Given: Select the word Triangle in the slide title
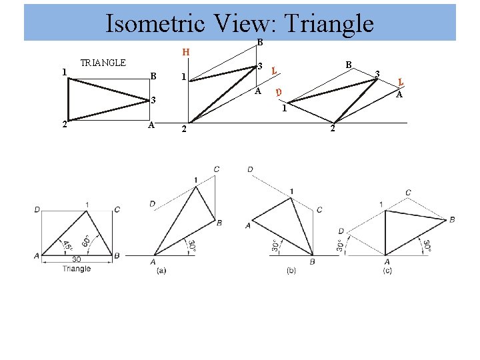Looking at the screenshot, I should click(x=328, y=24).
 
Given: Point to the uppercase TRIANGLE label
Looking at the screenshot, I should click(x=103, y=63).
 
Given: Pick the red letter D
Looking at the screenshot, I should click(x=279, y=91).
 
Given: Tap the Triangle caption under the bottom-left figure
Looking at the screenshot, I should click(x=76, y=269).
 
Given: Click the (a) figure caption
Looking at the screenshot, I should click(x=161, y=270).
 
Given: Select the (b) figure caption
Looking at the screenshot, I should click(x=291, y=270).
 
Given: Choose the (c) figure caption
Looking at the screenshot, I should click(x=387, y=270).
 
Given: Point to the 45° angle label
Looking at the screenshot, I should click(x=68, y=244).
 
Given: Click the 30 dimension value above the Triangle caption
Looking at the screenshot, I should click(x=77, y=260).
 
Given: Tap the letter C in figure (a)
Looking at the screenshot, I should click(x=217, y=170).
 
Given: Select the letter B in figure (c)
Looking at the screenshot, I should click(x=453, y=219).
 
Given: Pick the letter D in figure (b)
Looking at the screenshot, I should click(x=250, y=170).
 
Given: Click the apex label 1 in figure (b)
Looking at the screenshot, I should click(x=291, y=192).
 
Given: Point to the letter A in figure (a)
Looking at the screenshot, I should click(x=155, y=261).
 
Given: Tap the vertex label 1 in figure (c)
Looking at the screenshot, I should click(x=381, y=204).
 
